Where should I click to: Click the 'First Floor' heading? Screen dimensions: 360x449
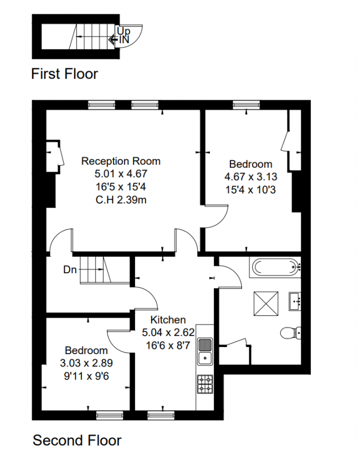click(64, 74)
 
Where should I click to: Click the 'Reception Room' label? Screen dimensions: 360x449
click(121, 161)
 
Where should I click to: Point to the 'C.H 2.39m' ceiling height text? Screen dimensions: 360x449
click(121, 200)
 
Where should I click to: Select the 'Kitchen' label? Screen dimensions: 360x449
click(168, 320)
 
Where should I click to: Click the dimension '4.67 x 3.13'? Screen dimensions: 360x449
click(251, 177)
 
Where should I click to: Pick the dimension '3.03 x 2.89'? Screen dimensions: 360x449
click(86, 363)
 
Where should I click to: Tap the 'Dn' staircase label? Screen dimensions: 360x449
click(70, 270)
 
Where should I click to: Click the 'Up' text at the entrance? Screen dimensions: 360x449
click(124, 31)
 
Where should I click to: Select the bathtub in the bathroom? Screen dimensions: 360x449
click(275, 267)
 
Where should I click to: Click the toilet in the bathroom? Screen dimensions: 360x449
click(290, 333)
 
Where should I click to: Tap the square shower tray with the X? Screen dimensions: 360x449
click(266, 304)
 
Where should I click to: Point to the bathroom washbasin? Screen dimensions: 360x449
click(295, 301)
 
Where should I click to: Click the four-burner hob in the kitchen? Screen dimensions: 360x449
click(205, 384)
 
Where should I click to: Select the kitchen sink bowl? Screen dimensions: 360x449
click(205, 358)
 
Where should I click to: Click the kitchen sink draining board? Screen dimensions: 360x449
click(205, 344)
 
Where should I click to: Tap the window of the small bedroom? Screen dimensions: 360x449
click(110, 415)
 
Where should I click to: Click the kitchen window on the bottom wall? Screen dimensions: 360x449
click(161, 415)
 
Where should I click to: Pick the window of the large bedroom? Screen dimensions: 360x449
click(246, 105)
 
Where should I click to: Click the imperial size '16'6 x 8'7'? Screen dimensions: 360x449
click(168, 346)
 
